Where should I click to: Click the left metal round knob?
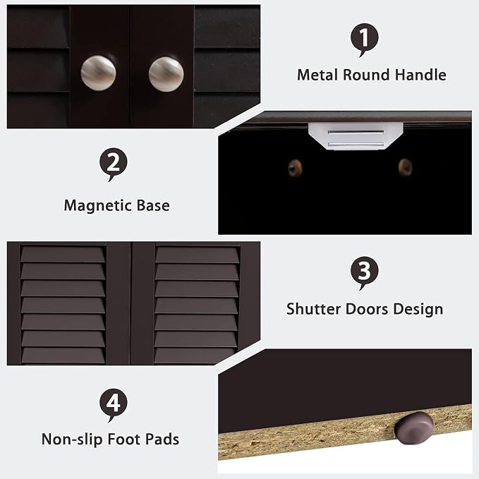point(98,73)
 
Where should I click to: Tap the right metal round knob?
point(166,74)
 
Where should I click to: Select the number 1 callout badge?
point(364,39)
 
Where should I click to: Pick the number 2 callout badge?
point(114,164)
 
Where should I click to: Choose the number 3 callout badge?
point(364,272)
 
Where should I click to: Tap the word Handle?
point(420,75)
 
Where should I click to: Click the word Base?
point(153,205)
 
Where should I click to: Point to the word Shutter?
point(313,309)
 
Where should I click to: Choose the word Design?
point(418,309)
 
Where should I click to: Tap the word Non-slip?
point(72,439)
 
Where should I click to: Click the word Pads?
point(162,439)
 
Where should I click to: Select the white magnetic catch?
point(356,136)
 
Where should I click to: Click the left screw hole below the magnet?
point(295,168)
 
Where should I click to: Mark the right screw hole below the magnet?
point(405,166)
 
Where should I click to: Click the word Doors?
point(367,309)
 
